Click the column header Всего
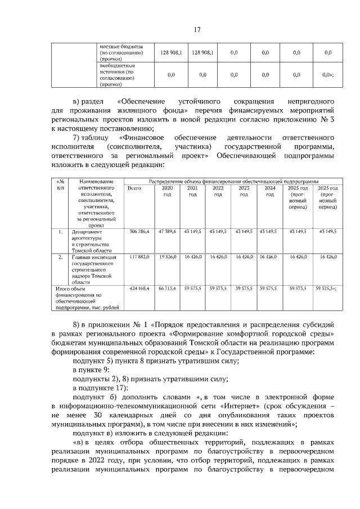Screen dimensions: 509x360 pyautogui.click(x=134, y=188)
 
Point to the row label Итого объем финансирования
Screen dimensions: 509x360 pyautogui.click(x=82, y=298)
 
